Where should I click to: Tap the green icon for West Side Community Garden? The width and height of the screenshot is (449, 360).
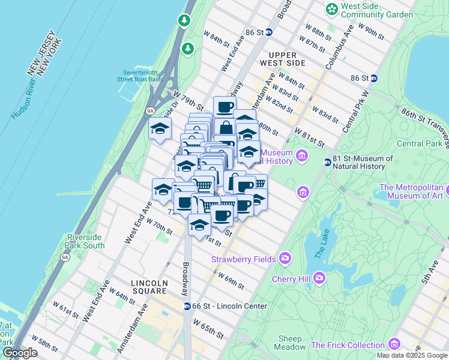[x=331, y=10]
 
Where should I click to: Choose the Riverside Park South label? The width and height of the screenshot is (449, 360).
[x=85, y=241]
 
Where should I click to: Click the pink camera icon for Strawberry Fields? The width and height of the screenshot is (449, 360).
[x=285, y=259]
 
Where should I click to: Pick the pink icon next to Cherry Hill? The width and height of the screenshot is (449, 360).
[x=319, y=278]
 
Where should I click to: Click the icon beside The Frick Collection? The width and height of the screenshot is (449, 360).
[x=394, y=344]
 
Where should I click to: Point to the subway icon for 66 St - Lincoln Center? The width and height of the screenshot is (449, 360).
[x=187, y=306]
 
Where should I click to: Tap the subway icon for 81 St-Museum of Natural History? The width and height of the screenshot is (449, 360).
[x=328, y=162]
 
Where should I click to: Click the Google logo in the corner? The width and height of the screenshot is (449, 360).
[x=20, y=353]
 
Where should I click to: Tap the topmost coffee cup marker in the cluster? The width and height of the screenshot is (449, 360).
[x=224, y=107]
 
